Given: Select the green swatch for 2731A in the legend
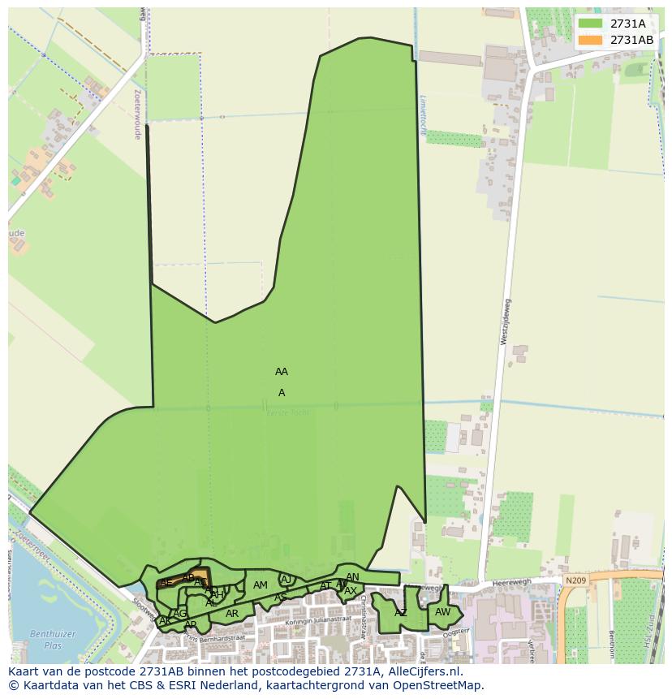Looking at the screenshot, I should [591, 24].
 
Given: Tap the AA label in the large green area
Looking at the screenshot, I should [282, 372].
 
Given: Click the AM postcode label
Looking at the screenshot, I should [261, 585].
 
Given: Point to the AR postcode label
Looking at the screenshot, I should [232, 614].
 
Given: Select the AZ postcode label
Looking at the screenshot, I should [401, 613].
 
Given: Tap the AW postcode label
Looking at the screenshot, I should [442, 612].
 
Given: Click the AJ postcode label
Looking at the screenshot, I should [286, 579].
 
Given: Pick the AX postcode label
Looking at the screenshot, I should [351, 591].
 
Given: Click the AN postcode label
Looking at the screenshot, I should [352, 577].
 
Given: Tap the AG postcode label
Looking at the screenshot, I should [180, 613].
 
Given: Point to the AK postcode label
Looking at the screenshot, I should [166, 621].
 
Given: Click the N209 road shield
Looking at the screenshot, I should [575, 580].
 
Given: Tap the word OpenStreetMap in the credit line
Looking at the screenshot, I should [437, 685].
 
